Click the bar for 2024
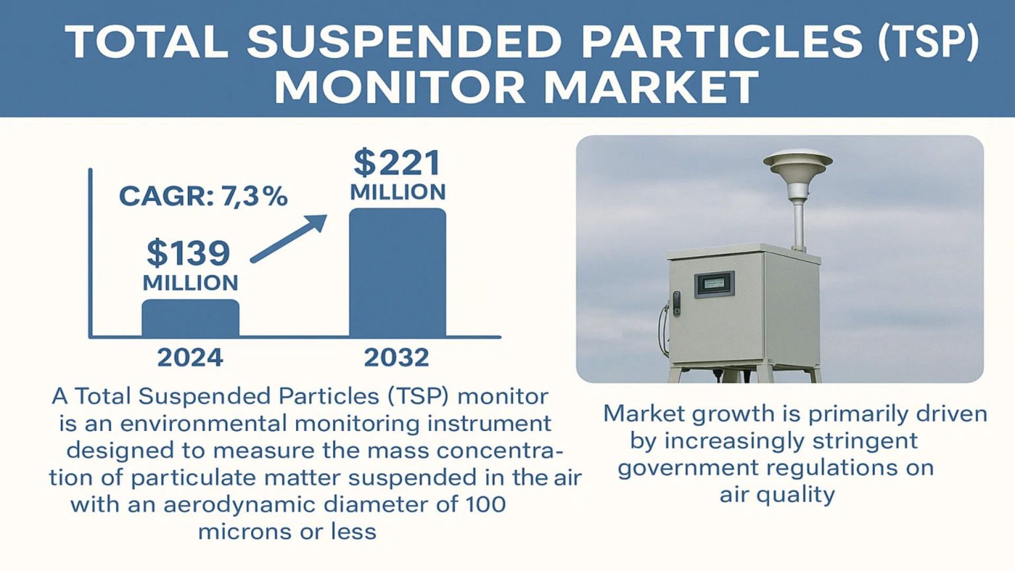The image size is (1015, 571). [190, 318]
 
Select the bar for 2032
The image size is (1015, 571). [398, 272]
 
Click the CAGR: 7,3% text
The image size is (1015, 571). [204, 196]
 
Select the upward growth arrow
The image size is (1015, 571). [289, 238]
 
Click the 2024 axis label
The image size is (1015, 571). [190, 358]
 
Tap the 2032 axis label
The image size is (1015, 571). [396, 358]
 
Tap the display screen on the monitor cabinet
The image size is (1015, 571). [714, 284]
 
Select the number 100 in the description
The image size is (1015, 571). [485, 504]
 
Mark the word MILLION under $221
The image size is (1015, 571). [398, 192]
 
